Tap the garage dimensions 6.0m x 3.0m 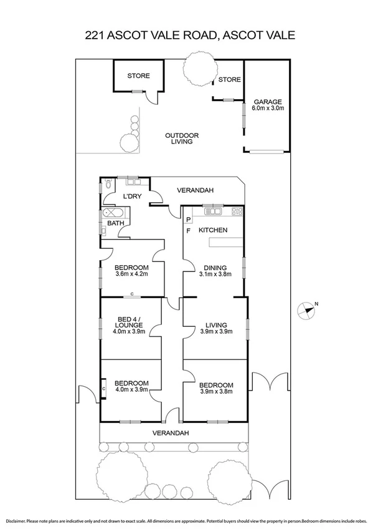[267, 109]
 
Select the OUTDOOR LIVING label [182, 138]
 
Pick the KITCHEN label [213, 230]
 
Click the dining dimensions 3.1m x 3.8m [215, 274]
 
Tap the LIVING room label [215, 325]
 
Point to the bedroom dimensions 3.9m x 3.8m [216, 392]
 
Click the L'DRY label [132, 197]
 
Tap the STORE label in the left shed [138, 76]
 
